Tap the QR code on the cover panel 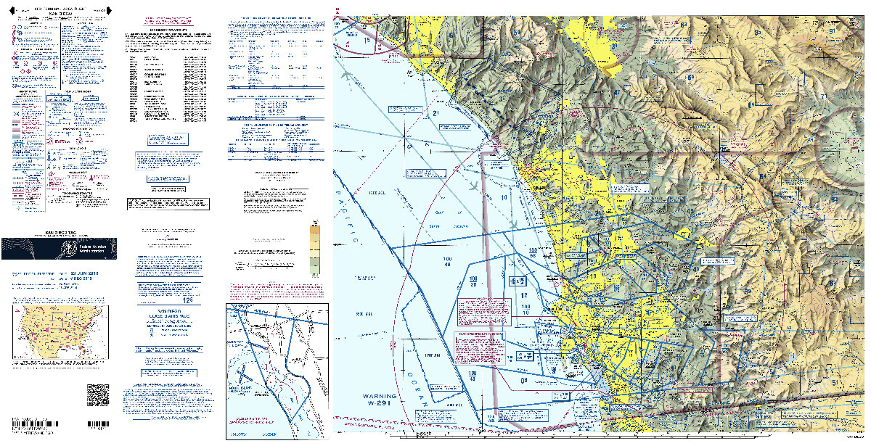point(97,395)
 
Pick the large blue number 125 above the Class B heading point(168,299)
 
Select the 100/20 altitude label point(473,281)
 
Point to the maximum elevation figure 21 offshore point(436,113)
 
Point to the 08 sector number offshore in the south point(524,379)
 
